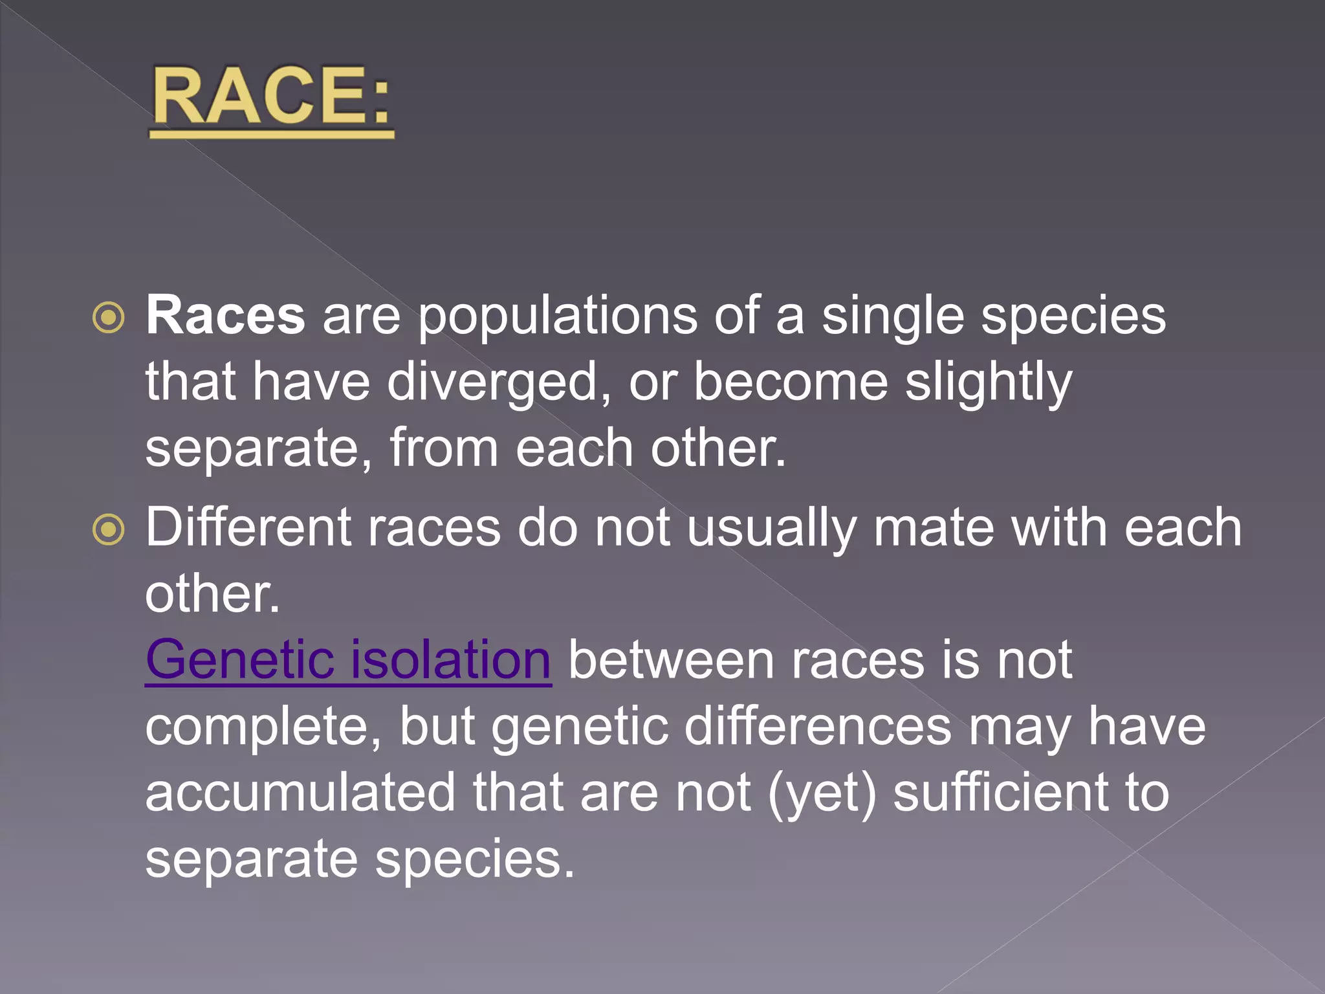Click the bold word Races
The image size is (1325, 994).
click(x=225, y=316)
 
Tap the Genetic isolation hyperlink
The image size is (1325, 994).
click(x=348, y=660)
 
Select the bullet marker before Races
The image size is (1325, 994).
click(x=108, y=318)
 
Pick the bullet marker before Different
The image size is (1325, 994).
click(x=108, y=530)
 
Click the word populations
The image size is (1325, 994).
click(x=557, y=317)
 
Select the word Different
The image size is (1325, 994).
click(x=248, y=527)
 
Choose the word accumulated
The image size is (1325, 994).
click(x=300, y=793)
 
